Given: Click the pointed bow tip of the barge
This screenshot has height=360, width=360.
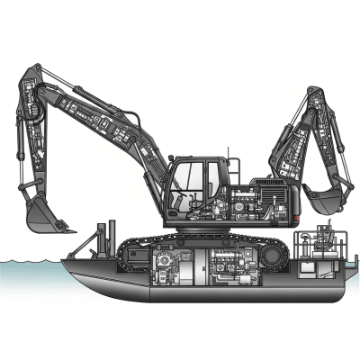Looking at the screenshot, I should pos(63,262).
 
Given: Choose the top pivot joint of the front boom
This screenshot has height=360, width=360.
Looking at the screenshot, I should pos(32,71).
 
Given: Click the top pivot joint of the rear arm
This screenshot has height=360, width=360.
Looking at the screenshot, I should pos(316,92).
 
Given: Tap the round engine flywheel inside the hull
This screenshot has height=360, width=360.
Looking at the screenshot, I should pos(167,266).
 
